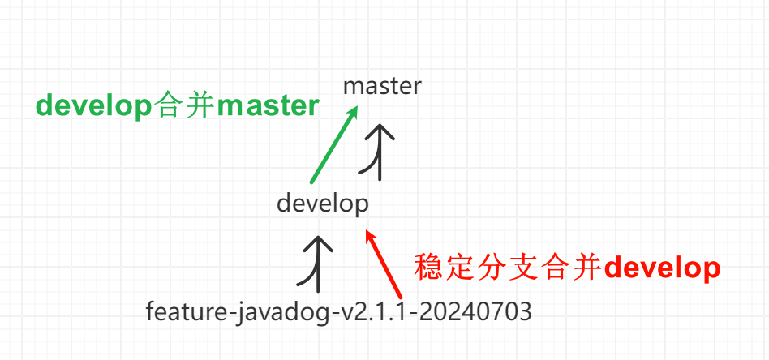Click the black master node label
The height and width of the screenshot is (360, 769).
(382, 86)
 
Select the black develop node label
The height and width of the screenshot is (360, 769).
(322, 203)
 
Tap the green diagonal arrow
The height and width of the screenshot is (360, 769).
(333, 145)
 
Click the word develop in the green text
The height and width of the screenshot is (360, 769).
(89, 107)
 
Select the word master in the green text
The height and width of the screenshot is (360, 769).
(269, 107)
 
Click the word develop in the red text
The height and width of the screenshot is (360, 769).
(663, 268)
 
